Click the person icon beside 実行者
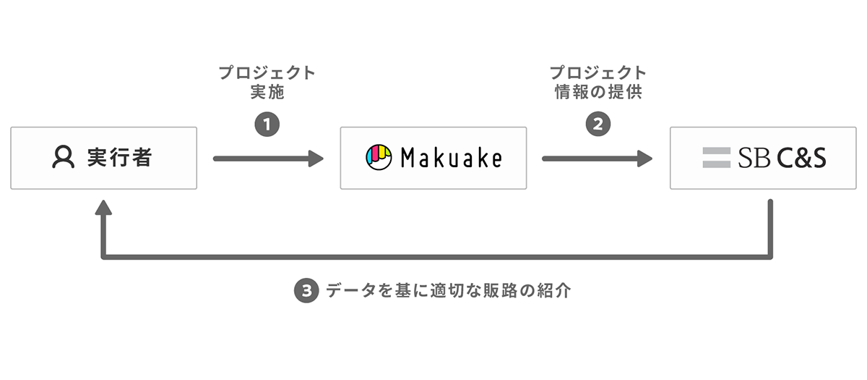(x=63, y=158)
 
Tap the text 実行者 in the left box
(x=119, y=158)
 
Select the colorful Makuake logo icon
(x=379, y=158)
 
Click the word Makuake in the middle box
(x=451, y=158)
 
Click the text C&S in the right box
(x=801, y=158)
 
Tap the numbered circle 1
(x=267, y=124)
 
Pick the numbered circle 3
(x=306, y=291)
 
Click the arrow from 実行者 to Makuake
(x=268, y=158)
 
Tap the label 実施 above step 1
(x=267, y=93)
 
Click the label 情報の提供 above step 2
(x=598, y=93)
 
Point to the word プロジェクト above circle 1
(x=267, y=73)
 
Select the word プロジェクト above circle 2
(x=598, y=73)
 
